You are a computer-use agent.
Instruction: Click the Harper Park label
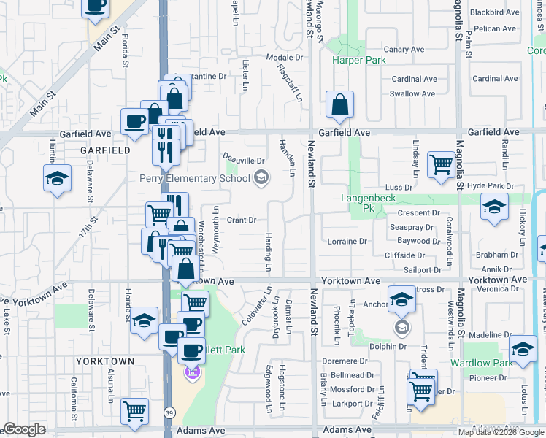pyautogui.click(x=359, y=61)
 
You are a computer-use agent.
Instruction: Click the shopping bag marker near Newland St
pyautogui.click(x=340, y=107)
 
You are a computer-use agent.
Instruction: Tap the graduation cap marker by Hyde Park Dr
pyautogui.click(x=494, y=207)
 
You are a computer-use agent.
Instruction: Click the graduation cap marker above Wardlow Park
pyautogui.click(x=523, y=349)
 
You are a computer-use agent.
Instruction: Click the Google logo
pyautogui.click(x=24, y=430)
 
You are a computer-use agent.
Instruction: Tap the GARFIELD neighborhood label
pyautogui.click(x=101, y=150)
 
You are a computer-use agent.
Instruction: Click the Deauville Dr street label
pyautogui.click(x=243, y=160)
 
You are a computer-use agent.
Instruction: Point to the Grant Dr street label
pyautogui.click(x=241, y=220)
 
